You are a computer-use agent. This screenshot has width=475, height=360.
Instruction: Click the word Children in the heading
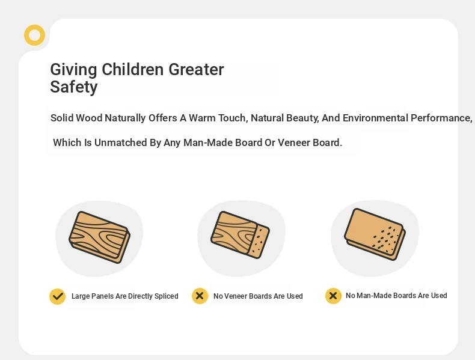(133, 70)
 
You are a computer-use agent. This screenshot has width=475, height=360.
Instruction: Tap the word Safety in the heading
(73, 88)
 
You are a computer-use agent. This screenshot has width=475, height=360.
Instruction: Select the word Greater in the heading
(196, 70)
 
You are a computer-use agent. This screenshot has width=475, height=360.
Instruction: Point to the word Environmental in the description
(375, 118)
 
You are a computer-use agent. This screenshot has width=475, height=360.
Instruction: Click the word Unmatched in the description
(121, 142)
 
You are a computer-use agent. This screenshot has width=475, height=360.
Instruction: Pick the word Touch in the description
(233, 118)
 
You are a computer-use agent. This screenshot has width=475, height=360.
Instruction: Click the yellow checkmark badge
(58, 296)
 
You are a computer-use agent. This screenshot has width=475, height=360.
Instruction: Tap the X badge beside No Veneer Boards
(200, 296)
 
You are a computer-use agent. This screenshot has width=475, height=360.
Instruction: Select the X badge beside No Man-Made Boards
(333, 296)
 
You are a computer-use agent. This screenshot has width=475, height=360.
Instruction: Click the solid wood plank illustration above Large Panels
(100, 237)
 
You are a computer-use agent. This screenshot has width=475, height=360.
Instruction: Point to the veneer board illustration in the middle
(241, 235)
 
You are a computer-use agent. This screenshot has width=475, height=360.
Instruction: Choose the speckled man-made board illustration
(375, 234)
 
